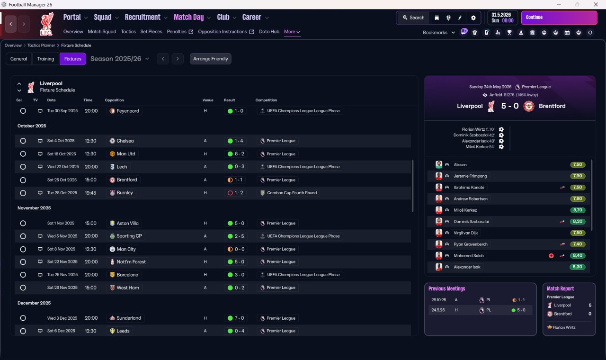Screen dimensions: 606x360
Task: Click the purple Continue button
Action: click(559, 18)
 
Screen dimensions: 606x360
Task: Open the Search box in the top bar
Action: click(414, 18)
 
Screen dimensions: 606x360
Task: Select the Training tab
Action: click(45, 59)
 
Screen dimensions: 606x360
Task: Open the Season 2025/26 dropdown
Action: click(120, 59)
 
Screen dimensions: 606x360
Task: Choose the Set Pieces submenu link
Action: click(151, 32)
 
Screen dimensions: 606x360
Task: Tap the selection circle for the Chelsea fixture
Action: click(23, 141)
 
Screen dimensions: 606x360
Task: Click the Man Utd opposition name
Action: click(126, 154)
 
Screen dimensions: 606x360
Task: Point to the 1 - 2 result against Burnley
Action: click(236, 193)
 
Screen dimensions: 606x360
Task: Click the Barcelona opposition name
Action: click(127, 275)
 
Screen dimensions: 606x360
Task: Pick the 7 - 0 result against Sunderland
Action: click(236, 318)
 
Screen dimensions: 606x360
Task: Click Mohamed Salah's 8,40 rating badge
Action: click(577, 255)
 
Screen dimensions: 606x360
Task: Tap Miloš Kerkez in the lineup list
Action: click(465, 210)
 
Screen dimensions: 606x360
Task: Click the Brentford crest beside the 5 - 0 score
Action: click(529, 106)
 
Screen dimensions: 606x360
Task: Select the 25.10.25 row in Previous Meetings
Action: click(481, 300)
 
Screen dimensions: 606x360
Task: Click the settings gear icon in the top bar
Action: click(473, 18)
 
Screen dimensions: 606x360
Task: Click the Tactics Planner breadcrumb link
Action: click(41, 45)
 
